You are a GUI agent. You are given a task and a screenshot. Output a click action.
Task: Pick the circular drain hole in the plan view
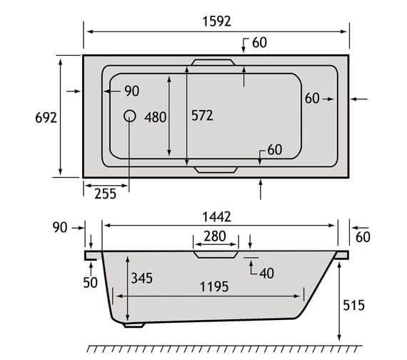tap(130, 116)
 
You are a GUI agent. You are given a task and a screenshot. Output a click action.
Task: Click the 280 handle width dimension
tap(215, 236)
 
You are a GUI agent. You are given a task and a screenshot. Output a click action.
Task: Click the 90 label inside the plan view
tap(131, 91)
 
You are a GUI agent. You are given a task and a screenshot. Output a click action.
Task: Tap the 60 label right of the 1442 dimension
tap(363, 236)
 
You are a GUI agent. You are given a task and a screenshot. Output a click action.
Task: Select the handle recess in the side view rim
tap(215, 252)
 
